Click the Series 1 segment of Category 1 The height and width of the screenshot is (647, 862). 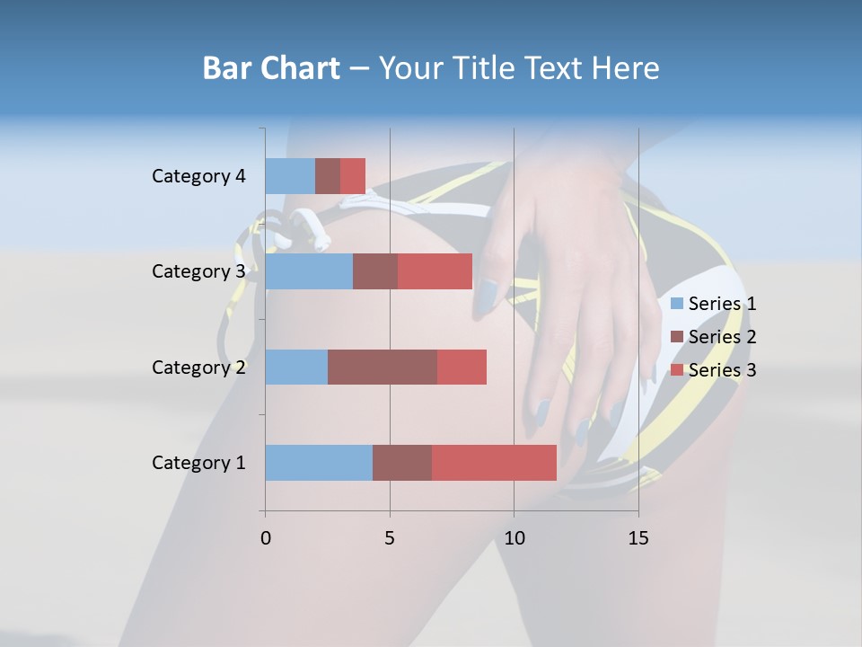[x=319, y=463]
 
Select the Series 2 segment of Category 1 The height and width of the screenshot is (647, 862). [x=402, y=463]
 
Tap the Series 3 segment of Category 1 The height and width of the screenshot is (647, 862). [x=494, y=463]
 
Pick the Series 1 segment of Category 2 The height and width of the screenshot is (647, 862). [x=296, y=367]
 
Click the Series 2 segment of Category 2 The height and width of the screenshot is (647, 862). [x=383, y=367]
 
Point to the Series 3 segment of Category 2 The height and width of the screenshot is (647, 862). [x=462, y=367]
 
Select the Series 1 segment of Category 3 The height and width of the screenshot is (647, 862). [x=309, y=271]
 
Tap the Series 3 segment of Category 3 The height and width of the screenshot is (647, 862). [x=435, y=271]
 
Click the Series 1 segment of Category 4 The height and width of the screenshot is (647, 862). [x=290, y=176]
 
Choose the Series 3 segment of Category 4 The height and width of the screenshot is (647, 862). [x=353, y=176]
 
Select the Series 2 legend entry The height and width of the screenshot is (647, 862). [x=714, y=337]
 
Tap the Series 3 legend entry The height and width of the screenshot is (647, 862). [x=714, y=370]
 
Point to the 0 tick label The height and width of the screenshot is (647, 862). [x=266, y=538]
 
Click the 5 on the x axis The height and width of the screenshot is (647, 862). [x=390, y=538]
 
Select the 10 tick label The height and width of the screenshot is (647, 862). [x=514, y=538]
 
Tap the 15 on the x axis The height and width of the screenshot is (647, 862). [x=638, y=538]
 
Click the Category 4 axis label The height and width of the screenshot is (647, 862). [x=198, y=176]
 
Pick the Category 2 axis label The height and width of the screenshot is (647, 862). [x=198, y=367]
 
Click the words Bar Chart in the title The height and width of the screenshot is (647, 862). [x=271, y=68]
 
